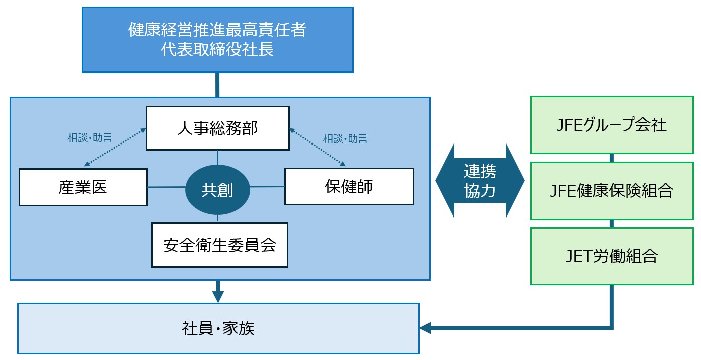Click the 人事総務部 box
click(x=217, y=128)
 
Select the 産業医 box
click(x=84, y=187)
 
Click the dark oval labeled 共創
click(x=217, y=190)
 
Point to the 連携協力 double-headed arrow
click(x=480, y=180)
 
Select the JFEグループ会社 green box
click(x=612, y=125)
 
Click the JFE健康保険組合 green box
click(x=612, y=190)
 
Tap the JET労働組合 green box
click(x=612, y=256)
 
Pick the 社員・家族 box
click(x=218, y=328)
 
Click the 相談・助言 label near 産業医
click(x=90, y=137)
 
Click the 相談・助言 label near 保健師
click(x=345, y=138)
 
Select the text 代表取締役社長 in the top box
click(x=217, y=50)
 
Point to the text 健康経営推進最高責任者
click(x=217, y=30)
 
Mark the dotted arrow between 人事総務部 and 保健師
click(x=318, y=147)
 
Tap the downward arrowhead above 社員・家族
click(x=217, y=296)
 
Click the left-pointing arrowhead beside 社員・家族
click(x=426, y=328)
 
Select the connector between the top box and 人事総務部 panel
click(x=217, y=85)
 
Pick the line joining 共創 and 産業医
click(x=167, y=187)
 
